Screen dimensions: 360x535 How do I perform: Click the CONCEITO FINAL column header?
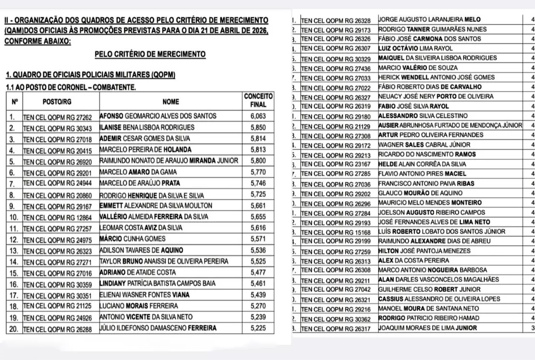tap(258, 100)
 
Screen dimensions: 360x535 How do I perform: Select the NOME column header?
tap(170, 102)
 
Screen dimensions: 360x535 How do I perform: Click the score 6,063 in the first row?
tap(258, 116)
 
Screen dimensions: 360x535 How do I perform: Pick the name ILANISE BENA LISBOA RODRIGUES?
tap(147, 127)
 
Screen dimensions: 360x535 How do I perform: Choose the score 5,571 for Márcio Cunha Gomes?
tap(258, 239)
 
